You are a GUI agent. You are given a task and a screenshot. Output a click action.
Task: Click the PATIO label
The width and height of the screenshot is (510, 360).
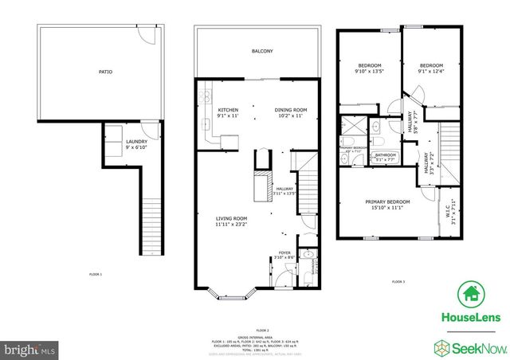point(105,72)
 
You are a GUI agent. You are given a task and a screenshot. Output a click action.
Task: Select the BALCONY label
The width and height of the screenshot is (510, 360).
point(262,51)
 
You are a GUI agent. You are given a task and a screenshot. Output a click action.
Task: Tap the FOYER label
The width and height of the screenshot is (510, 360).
point(284,254)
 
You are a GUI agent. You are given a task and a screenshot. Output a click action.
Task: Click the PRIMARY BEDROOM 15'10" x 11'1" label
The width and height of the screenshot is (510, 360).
point(385,205)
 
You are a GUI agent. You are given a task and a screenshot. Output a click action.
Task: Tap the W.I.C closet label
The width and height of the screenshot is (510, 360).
point(452,209)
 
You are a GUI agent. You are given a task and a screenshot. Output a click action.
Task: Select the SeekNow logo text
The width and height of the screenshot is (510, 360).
point(477,349)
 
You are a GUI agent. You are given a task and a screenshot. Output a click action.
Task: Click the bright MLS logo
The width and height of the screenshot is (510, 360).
point(30,349)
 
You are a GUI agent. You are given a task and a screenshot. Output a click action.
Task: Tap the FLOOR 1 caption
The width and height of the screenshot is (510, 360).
point(96,274)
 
